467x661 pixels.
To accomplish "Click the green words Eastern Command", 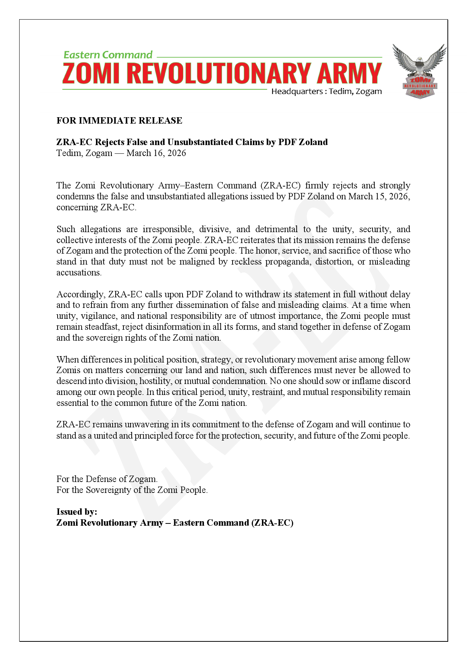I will pos(108,55).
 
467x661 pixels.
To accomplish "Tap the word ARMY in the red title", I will pos(349,73).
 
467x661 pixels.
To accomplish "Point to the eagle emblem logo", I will pos(420,71).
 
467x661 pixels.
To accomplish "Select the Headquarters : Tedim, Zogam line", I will pos(326,92).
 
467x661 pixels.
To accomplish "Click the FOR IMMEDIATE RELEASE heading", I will pos(119,121).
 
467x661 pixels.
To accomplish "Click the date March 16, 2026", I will pos(156,153).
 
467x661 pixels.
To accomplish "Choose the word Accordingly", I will pos(81,294).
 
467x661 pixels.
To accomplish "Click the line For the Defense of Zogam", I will pos(107,479).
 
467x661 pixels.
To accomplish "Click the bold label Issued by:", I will pos(77,512).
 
